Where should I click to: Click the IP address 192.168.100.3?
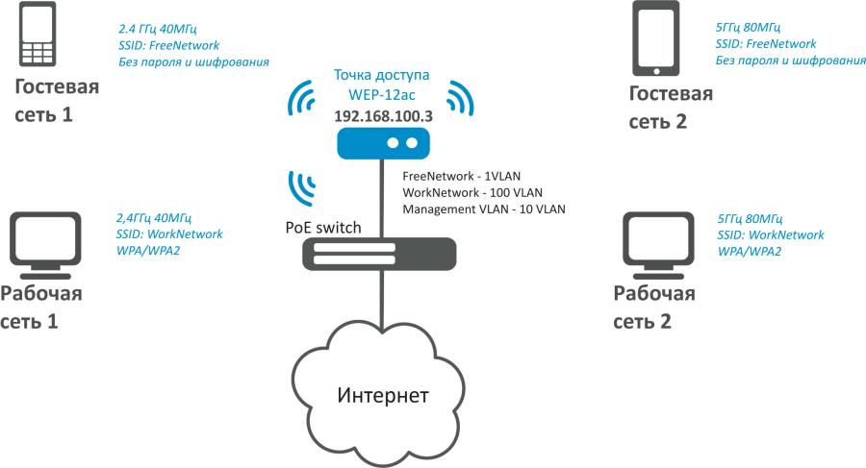click(x=381, y=115)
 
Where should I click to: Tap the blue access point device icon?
click(x=381, y=143)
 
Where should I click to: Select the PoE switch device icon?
click(x=380, y=255)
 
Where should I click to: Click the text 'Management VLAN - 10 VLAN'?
click(x=483, y=209)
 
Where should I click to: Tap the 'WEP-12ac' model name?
click(x=381, y=94)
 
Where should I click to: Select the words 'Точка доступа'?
click(x=381, y=75)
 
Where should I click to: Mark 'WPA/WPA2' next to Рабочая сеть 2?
click(x=750, y=251)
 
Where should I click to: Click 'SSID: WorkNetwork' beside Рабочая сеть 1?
click(x=168, y=234)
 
